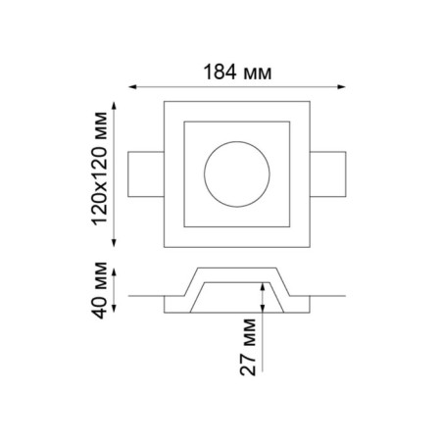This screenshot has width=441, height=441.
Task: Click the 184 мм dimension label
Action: [x=237, y=72]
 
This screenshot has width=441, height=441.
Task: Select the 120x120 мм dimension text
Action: [x=99, y=169]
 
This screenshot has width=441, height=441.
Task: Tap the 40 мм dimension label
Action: [x=99, y=290]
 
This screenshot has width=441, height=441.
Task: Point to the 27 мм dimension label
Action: [x=248, y=347]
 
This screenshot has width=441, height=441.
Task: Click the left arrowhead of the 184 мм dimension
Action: [x=132, y=86]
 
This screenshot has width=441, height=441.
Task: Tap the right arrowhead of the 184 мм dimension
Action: [x=342, y=86]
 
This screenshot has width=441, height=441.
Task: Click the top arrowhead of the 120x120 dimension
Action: [x=114, y=106]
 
